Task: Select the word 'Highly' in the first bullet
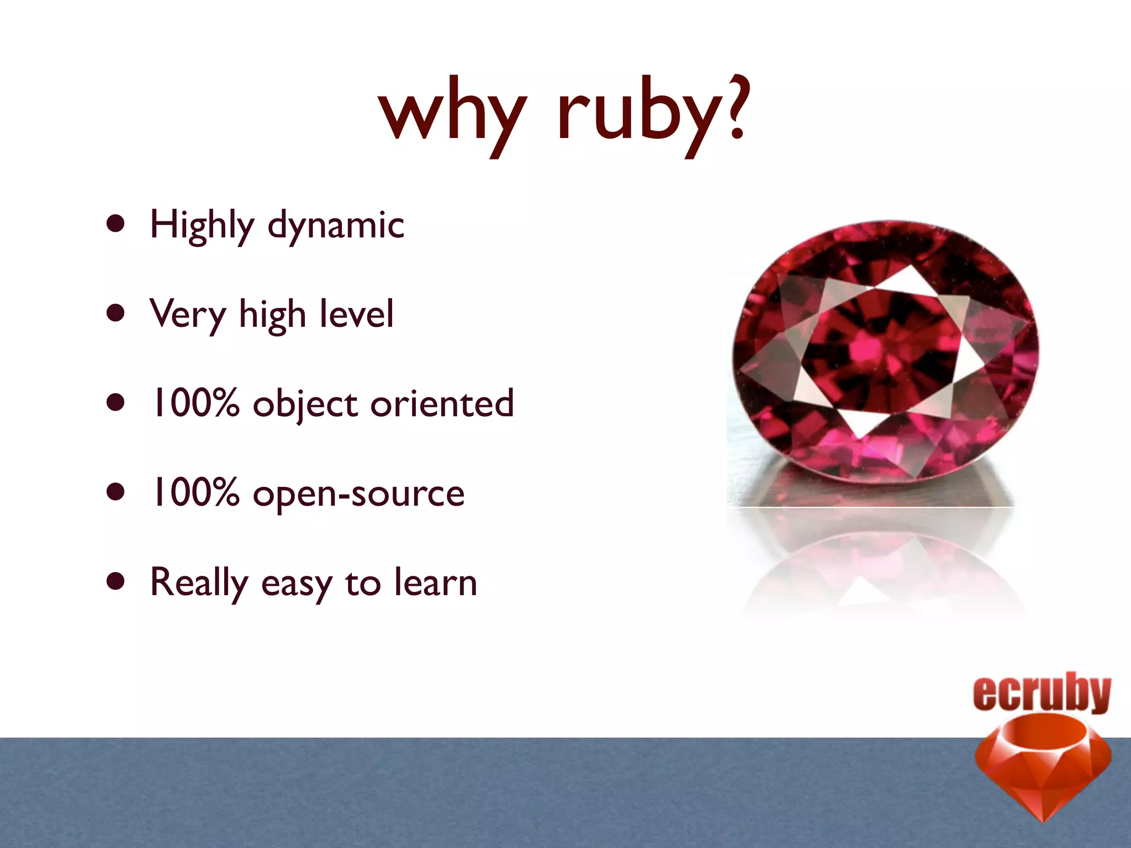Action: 202,225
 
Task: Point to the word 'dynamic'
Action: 336,225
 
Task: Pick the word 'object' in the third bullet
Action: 305,404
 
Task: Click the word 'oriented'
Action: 442,403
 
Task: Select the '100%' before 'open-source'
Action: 195,492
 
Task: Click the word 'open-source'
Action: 358,494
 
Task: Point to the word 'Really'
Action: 199,583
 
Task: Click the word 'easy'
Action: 297,584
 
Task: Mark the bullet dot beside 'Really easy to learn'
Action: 115,581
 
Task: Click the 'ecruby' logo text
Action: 1042,693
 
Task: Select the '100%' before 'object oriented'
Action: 195,403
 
